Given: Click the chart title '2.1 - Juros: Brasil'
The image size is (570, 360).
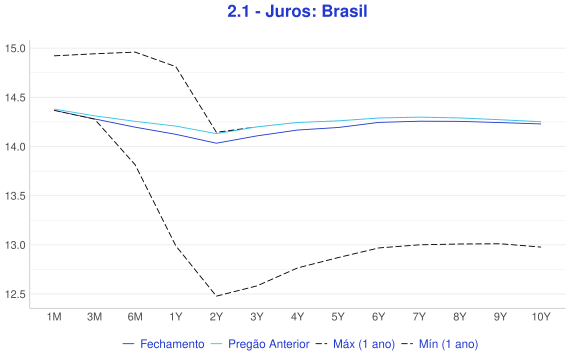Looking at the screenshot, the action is pyautogui.click(x=297, y=11).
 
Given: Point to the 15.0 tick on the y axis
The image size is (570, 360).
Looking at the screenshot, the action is pyautogui.click(x=15, y=48).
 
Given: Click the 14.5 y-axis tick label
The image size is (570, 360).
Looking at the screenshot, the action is pyautogui.click(x=15, y=97).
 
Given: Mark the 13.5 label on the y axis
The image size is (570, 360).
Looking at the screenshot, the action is pyautogui.click(x=15, y=196).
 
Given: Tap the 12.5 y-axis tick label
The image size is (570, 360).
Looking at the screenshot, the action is pyautogui.click(x=15, y=294).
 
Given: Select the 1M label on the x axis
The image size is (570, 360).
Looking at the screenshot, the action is pyautogui.click(x=54, y=317).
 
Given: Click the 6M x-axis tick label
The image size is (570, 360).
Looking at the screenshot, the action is pyautogui.click(x=135, y=317).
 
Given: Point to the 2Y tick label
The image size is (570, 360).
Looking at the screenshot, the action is pyautogui.click(x=216, y=317).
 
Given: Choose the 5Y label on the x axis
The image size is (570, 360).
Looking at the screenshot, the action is pyautogui.click(x=338, y=317).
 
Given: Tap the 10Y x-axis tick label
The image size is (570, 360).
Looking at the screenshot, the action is pyautogui.click(x=541, y=317).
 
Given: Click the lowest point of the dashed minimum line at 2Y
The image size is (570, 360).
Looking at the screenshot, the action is pyautogui.click(x=216, y=296).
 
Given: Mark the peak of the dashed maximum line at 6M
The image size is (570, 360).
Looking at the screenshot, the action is pyautogui.click(x=135, y=52).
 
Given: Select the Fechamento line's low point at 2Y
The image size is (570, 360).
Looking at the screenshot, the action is pyautogui.click(x=216, y=143).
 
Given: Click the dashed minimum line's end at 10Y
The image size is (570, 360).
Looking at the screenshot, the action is pyautogui.click(x=541, y=247).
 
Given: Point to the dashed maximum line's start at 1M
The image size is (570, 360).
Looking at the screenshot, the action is pyautogui.click(x=54, y=56).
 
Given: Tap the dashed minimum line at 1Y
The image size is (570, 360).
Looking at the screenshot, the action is pyautogui.click(x=176, y=245).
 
